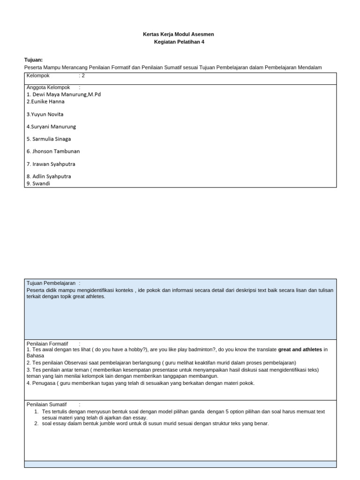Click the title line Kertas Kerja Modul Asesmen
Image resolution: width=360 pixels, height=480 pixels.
click(x=178, y=35)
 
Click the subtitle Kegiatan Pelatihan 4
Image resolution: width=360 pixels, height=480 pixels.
click(x=179, y=42)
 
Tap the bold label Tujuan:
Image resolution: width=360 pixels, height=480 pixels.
click(x=33, y=60)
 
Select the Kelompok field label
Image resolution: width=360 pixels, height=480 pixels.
click(x=38, y=75)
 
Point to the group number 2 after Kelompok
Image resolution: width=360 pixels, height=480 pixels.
click(x=83, y=75)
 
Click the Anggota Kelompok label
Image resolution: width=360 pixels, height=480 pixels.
click(x=48, y=87)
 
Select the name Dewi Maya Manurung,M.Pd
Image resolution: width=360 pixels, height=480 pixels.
click(x=64, y=94)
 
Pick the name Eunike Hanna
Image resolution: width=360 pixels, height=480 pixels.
click(x=45, y=101)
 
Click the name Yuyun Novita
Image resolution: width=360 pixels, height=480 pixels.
click(x=45, y=114)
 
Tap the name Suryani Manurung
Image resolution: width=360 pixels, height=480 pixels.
click(x=51, y=127)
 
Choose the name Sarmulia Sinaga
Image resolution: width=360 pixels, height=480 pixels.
click(x=49, y=139)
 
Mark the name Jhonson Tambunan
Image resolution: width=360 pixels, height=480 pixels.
click(x=53, y=151)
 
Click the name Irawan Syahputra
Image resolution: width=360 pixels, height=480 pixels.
click(x=51, y=164)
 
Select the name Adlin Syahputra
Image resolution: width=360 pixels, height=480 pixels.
click(x=49, y=176)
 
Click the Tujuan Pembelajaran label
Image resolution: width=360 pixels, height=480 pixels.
click(x=51, y=283)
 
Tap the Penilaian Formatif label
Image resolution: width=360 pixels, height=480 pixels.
click(x=47, y=344)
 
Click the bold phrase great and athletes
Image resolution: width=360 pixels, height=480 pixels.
click(x=300, y=349)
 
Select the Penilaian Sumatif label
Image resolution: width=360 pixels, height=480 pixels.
click(x=46, y=404)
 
